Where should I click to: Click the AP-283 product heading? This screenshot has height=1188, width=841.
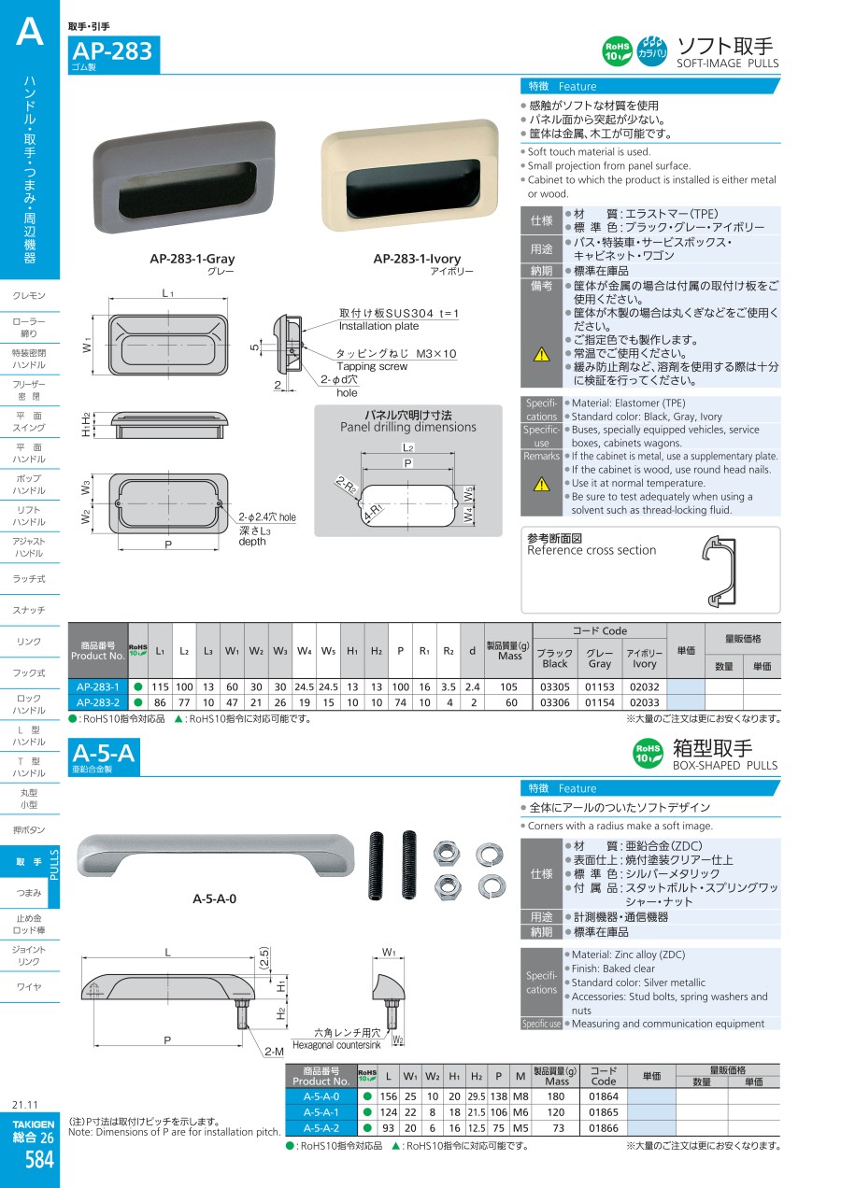(x=112, y=51)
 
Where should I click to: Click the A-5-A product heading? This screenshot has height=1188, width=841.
(x=104, y=753)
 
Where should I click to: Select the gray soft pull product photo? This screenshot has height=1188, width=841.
(x=184, y=177)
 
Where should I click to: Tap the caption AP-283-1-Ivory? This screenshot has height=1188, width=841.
(x=417, y=259)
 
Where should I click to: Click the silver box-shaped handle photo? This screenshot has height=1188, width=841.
(x=215, y=856)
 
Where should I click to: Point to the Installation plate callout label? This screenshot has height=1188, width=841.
(x=378, y=326)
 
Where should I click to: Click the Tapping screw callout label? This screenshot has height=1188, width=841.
(x=372, y=366)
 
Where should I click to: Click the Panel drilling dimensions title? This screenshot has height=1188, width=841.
(x=408, y=427)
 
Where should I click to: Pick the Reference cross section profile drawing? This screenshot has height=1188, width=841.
(x=720, y=571)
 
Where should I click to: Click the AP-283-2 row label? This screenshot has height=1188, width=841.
(x=97, y=702)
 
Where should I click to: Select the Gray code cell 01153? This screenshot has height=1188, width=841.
(x=600, y=687)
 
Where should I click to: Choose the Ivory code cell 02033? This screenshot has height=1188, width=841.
(x=644, y=702)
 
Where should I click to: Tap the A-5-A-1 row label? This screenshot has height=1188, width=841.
(x=321, y=1112)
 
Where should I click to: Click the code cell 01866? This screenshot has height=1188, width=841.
(x=604, y=1128)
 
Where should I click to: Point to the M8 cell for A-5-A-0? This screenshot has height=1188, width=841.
(x=520, y=1096)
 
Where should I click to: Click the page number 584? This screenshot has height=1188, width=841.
(x=39, y=1160)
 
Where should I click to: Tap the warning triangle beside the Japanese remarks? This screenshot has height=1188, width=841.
(x=541, y=354)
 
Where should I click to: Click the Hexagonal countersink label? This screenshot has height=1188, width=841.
(x=336, y=1045)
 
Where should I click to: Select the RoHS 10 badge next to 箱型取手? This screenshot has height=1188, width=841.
(x=648, y=753)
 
